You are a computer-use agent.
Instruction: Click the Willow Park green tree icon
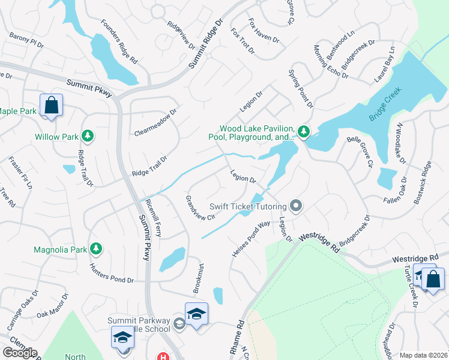(88, 136)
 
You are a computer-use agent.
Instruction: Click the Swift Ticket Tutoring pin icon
(295, 206)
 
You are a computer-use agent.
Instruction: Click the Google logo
(20, 353)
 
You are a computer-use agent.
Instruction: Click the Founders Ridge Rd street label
(119, 43)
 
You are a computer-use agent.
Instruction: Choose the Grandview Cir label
(200, 208)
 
